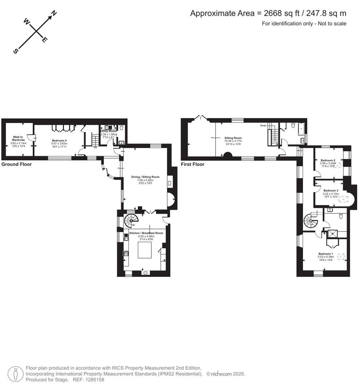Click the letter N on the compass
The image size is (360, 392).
click(54, 13)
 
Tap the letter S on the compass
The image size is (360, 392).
click(16, 51)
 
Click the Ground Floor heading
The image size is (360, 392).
click(17, 164)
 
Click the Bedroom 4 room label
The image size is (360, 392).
click(59, 140)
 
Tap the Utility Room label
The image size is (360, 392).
click(109, 131)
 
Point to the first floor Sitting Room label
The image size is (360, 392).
click(233, 138)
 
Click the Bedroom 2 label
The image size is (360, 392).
click(327, 160)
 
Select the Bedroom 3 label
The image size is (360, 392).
click(331, 191)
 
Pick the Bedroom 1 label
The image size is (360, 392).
click(326, 254)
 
